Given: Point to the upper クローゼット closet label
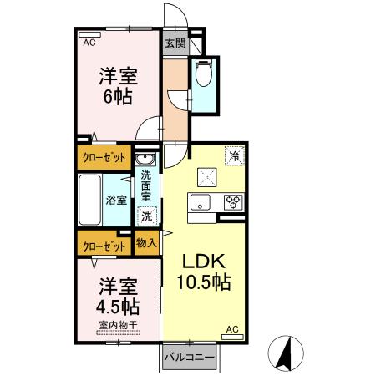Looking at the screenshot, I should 104,156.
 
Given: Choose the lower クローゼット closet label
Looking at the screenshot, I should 104,246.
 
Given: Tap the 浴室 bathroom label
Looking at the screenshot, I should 116,200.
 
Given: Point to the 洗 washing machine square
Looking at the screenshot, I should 146,216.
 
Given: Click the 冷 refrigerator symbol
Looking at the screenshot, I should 235,156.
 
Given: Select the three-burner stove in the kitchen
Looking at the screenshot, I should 231,202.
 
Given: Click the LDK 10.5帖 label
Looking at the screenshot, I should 203,269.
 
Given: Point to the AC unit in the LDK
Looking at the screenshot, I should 233,331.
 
